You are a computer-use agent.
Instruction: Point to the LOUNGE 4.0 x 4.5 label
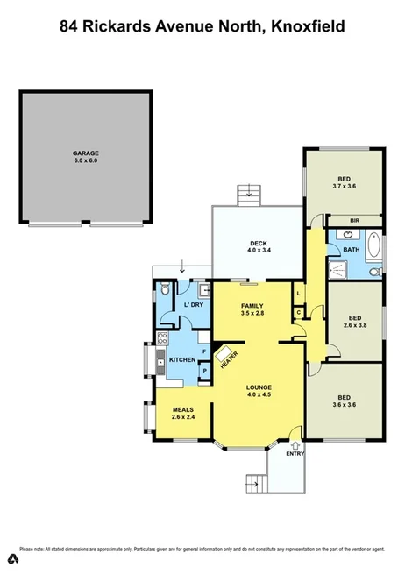tap(259, 390)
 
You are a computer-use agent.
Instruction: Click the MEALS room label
tap(182, 414)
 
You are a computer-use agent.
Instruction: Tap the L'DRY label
tap(193, 305)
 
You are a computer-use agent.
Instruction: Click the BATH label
tap(352, 251)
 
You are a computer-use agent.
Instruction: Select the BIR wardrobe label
tap(354, 220)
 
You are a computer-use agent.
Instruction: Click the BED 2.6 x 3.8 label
tap(354, 321)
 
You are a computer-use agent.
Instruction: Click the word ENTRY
tap(294, 453)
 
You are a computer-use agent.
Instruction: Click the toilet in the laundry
tap(165, 291)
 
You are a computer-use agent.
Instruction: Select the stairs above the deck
tap(252, 193)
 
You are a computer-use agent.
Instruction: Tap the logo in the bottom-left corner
tap(13, 558)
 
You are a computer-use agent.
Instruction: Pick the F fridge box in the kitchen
tap(204, 351)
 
